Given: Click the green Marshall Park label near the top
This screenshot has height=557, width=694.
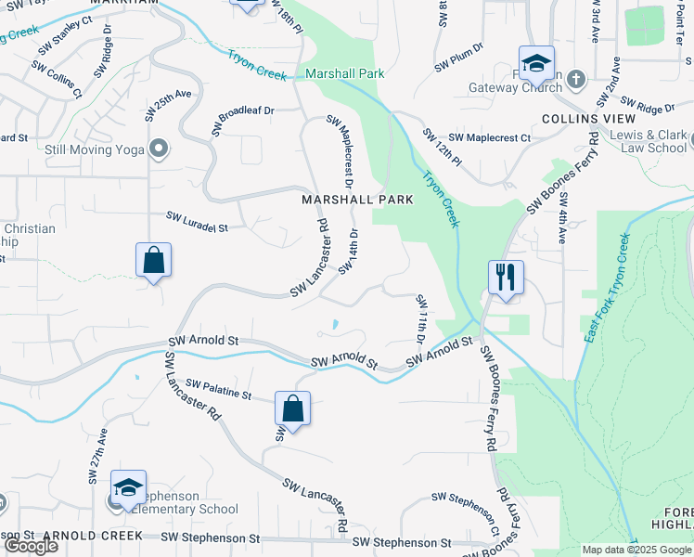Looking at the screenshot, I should [344, 73].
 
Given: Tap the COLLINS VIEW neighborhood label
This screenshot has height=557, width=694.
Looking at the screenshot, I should [588, 119].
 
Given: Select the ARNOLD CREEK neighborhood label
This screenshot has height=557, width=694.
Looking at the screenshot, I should [92, 536].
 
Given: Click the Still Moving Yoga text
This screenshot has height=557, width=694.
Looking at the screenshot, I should [96, 149].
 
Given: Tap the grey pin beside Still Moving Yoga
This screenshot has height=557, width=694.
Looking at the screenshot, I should [160, 149].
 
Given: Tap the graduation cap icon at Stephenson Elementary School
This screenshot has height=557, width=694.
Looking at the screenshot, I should [128, 487].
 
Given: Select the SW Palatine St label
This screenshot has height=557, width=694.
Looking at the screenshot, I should [218, 389].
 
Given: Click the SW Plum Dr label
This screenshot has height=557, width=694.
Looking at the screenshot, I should [459, 58].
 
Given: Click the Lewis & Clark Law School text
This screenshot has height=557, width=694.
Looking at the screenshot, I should [654, 141].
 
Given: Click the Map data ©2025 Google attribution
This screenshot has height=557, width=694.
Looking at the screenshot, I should [636, 550].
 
